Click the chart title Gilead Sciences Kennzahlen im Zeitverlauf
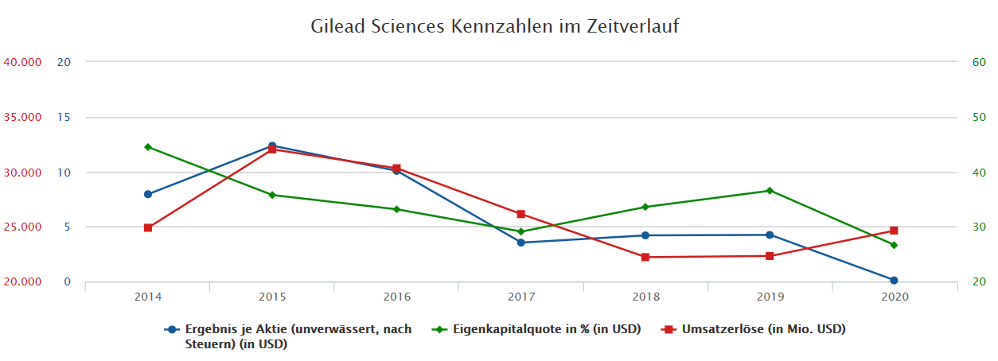click(494, 26)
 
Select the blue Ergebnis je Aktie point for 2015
click(272, 146)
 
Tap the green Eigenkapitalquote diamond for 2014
click(148, 147)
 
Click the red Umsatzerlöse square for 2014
click(148, 227)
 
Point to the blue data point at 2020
click(894, 280)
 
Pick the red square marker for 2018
click(645, 257)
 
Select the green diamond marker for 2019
click(770, 191)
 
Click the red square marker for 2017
click(521, 214)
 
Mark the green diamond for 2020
click(894, 245)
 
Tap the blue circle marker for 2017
click(521, 243)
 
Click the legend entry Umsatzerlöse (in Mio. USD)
click(762, 329)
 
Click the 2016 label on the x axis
click(396, 297)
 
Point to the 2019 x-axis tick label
click(770, 297)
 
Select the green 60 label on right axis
click(979, 62)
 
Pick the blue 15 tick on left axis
click(64, 117)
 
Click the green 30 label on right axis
click(979, 227)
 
